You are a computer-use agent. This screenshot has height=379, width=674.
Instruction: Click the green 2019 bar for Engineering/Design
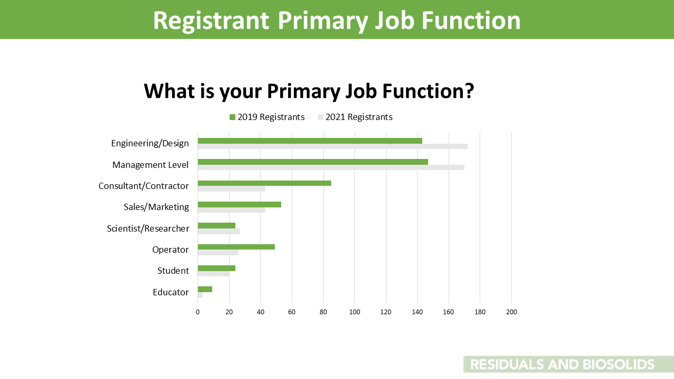point(310,141)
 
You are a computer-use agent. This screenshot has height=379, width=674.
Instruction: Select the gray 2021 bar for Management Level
point(331,167)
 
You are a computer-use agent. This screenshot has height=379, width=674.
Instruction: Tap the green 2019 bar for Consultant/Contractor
point(264,183)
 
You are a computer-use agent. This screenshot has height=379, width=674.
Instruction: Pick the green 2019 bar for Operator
point(236,247)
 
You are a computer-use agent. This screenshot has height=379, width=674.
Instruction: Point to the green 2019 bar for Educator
point(205,290)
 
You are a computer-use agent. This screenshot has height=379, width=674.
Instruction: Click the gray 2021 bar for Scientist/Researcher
point(219,231)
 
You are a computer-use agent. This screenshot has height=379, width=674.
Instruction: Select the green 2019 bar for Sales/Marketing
point(240,205)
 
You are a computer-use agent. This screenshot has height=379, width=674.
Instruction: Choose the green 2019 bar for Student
point(216,268)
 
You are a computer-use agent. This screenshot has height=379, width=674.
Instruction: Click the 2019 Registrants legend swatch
point(232,117)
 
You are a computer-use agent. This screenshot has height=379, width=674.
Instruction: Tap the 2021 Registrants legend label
point(359,117)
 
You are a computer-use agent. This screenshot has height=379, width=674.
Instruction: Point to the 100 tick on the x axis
point(355,312)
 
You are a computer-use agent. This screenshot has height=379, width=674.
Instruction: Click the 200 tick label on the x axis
point(511,312)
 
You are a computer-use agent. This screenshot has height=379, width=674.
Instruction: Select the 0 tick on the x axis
point(197,312)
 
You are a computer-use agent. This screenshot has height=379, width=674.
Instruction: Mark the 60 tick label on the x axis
point(292,312)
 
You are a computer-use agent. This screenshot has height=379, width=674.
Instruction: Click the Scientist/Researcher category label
point(148,228)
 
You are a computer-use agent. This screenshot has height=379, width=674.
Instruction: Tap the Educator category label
point(171,292)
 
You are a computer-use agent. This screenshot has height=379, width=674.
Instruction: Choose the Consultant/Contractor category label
point(144,186)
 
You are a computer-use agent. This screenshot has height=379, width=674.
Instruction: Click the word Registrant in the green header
point(211,21)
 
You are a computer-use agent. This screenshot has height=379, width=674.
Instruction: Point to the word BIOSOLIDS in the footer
point(619,365)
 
